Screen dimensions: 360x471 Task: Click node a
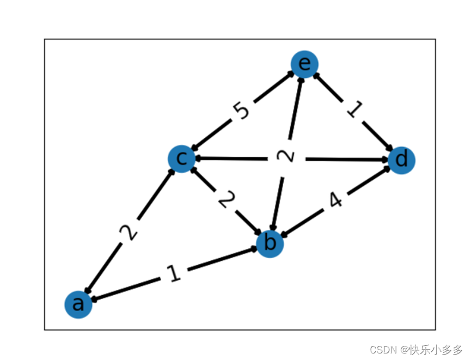coord(78,304)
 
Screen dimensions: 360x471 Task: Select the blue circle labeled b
coord(270,243)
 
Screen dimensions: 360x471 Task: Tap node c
coord(182,158)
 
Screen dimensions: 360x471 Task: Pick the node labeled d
coord(402,160)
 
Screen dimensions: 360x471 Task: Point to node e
coord(304,64)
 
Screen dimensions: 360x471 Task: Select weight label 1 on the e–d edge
coord(353,110)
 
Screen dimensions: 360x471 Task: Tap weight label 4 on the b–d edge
coord(335,201)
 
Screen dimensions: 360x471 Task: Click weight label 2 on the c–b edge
coord(225,200)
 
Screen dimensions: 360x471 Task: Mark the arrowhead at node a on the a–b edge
coord(94,299)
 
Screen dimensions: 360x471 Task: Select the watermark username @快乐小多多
coord(432,349)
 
